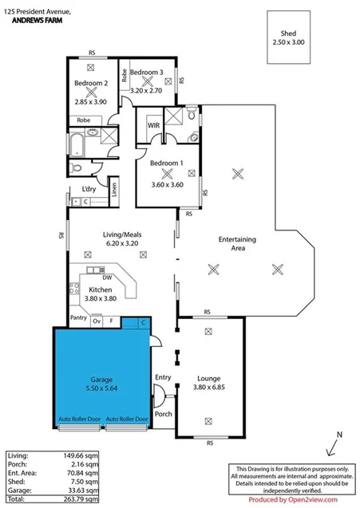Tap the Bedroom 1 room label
pyautogui.click(x=167, y=163)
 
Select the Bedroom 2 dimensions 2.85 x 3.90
pyautogui.click(x=91, y=102)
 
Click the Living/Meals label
pyautogui.click(x=121, y=234)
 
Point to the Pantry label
pyautogui.click(x=78, y=317)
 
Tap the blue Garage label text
pyautogui.click(x=101, y=380)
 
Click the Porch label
pyautogui.click(x=164, y=413)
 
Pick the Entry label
pyautogui.click(x=164, y=377)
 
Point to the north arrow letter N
pyautogui.click(x=339, y=435)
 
